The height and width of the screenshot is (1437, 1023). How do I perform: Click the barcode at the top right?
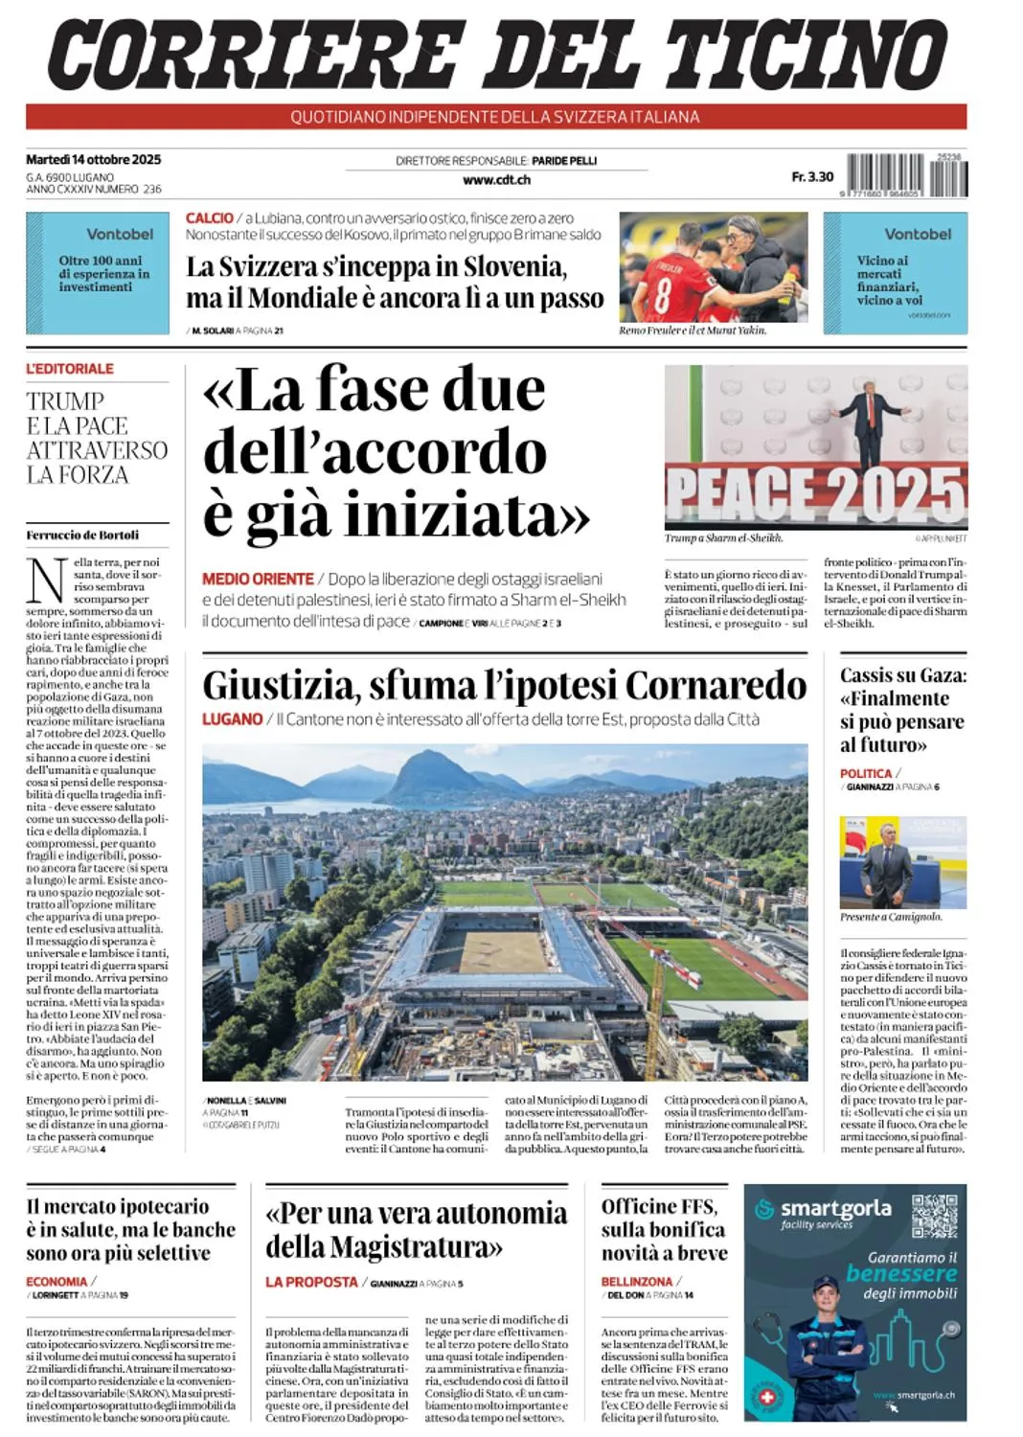coord(907,175)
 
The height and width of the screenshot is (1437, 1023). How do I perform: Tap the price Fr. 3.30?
coord(812,176)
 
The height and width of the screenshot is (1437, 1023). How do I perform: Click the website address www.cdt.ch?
coord(496,179)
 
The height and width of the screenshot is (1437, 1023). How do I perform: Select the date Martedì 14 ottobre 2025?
coord(93,159)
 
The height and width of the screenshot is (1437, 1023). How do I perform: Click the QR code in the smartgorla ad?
coord(934,1217)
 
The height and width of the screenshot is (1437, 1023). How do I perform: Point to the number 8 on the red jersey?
coord(662,297)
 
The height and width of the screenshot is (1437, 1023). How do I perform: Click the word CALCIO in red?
coord(210,218)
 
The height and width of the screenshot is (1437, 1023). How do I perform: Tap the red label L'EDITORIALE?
coord(70,369)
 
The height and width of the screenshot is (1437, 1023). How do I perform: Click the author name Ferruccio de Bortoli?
coord(82,535)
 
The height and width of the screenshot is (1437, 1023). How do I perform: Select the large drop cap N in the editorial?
coord(46,580)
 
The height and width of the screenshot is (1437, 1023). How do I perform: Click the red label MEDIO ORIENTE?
coord(258,579)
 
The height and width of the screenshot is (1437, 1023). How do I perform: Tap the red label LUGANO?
coord(232,718)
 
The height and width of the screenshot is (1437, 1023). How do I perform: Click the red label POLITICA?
coord(865,773)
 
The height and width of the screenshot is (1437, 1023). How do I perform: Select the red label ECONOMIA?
coord(57,1281)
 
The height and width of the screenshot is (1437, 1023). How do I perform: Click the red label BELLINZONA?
coord(637,1281)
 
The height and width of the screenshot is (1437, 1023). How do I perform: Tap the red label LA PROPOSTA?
coord(311,1281)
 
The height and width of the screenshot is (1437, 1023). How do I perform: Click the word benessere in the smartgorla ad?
coord(901,1274)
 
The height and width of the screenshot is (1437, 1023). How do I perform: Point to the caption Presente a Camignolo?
coord(890,917)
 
